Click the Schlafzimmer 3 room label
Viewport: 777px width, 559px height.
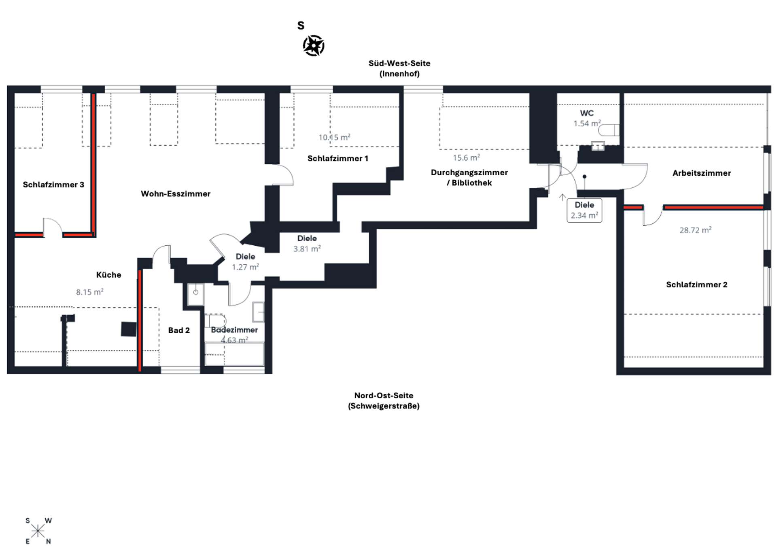53,185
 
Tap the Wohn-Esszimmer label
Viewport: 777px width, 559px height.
176,194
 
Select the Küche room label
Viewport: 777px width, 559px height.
109,275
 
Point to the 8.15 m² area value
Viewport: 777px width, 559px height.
90,292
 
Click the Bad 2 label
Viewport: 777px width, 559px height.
179,330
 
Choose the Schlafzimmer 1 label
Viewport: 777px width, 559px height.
338,159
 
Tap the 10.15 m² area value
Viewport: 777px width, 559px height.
334,137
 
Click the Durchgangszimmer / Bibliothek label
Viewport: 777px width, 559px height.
469,178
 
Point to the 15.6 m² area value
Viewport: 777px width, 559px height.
467,157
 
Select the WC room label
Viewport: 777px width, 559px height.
587,113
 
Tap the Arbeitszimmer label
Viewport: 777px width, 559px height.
702,173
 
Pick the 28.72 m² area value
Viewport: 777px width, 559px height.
696,230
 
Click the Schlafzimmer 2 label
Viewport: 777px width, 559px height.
697,285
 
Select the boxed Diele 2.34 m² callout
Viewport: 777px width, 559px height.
584,210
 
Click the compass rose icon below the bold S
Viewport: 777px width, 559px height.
314,45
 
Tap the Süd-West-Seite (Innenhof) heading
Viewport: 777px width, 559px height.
399,68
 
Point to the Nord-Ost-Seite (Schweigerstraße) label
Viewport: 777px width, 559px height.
384,401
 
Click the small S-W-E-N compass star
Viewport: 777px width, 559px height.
38,531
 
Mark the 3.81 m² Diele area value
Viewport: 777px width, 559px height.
307,249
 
